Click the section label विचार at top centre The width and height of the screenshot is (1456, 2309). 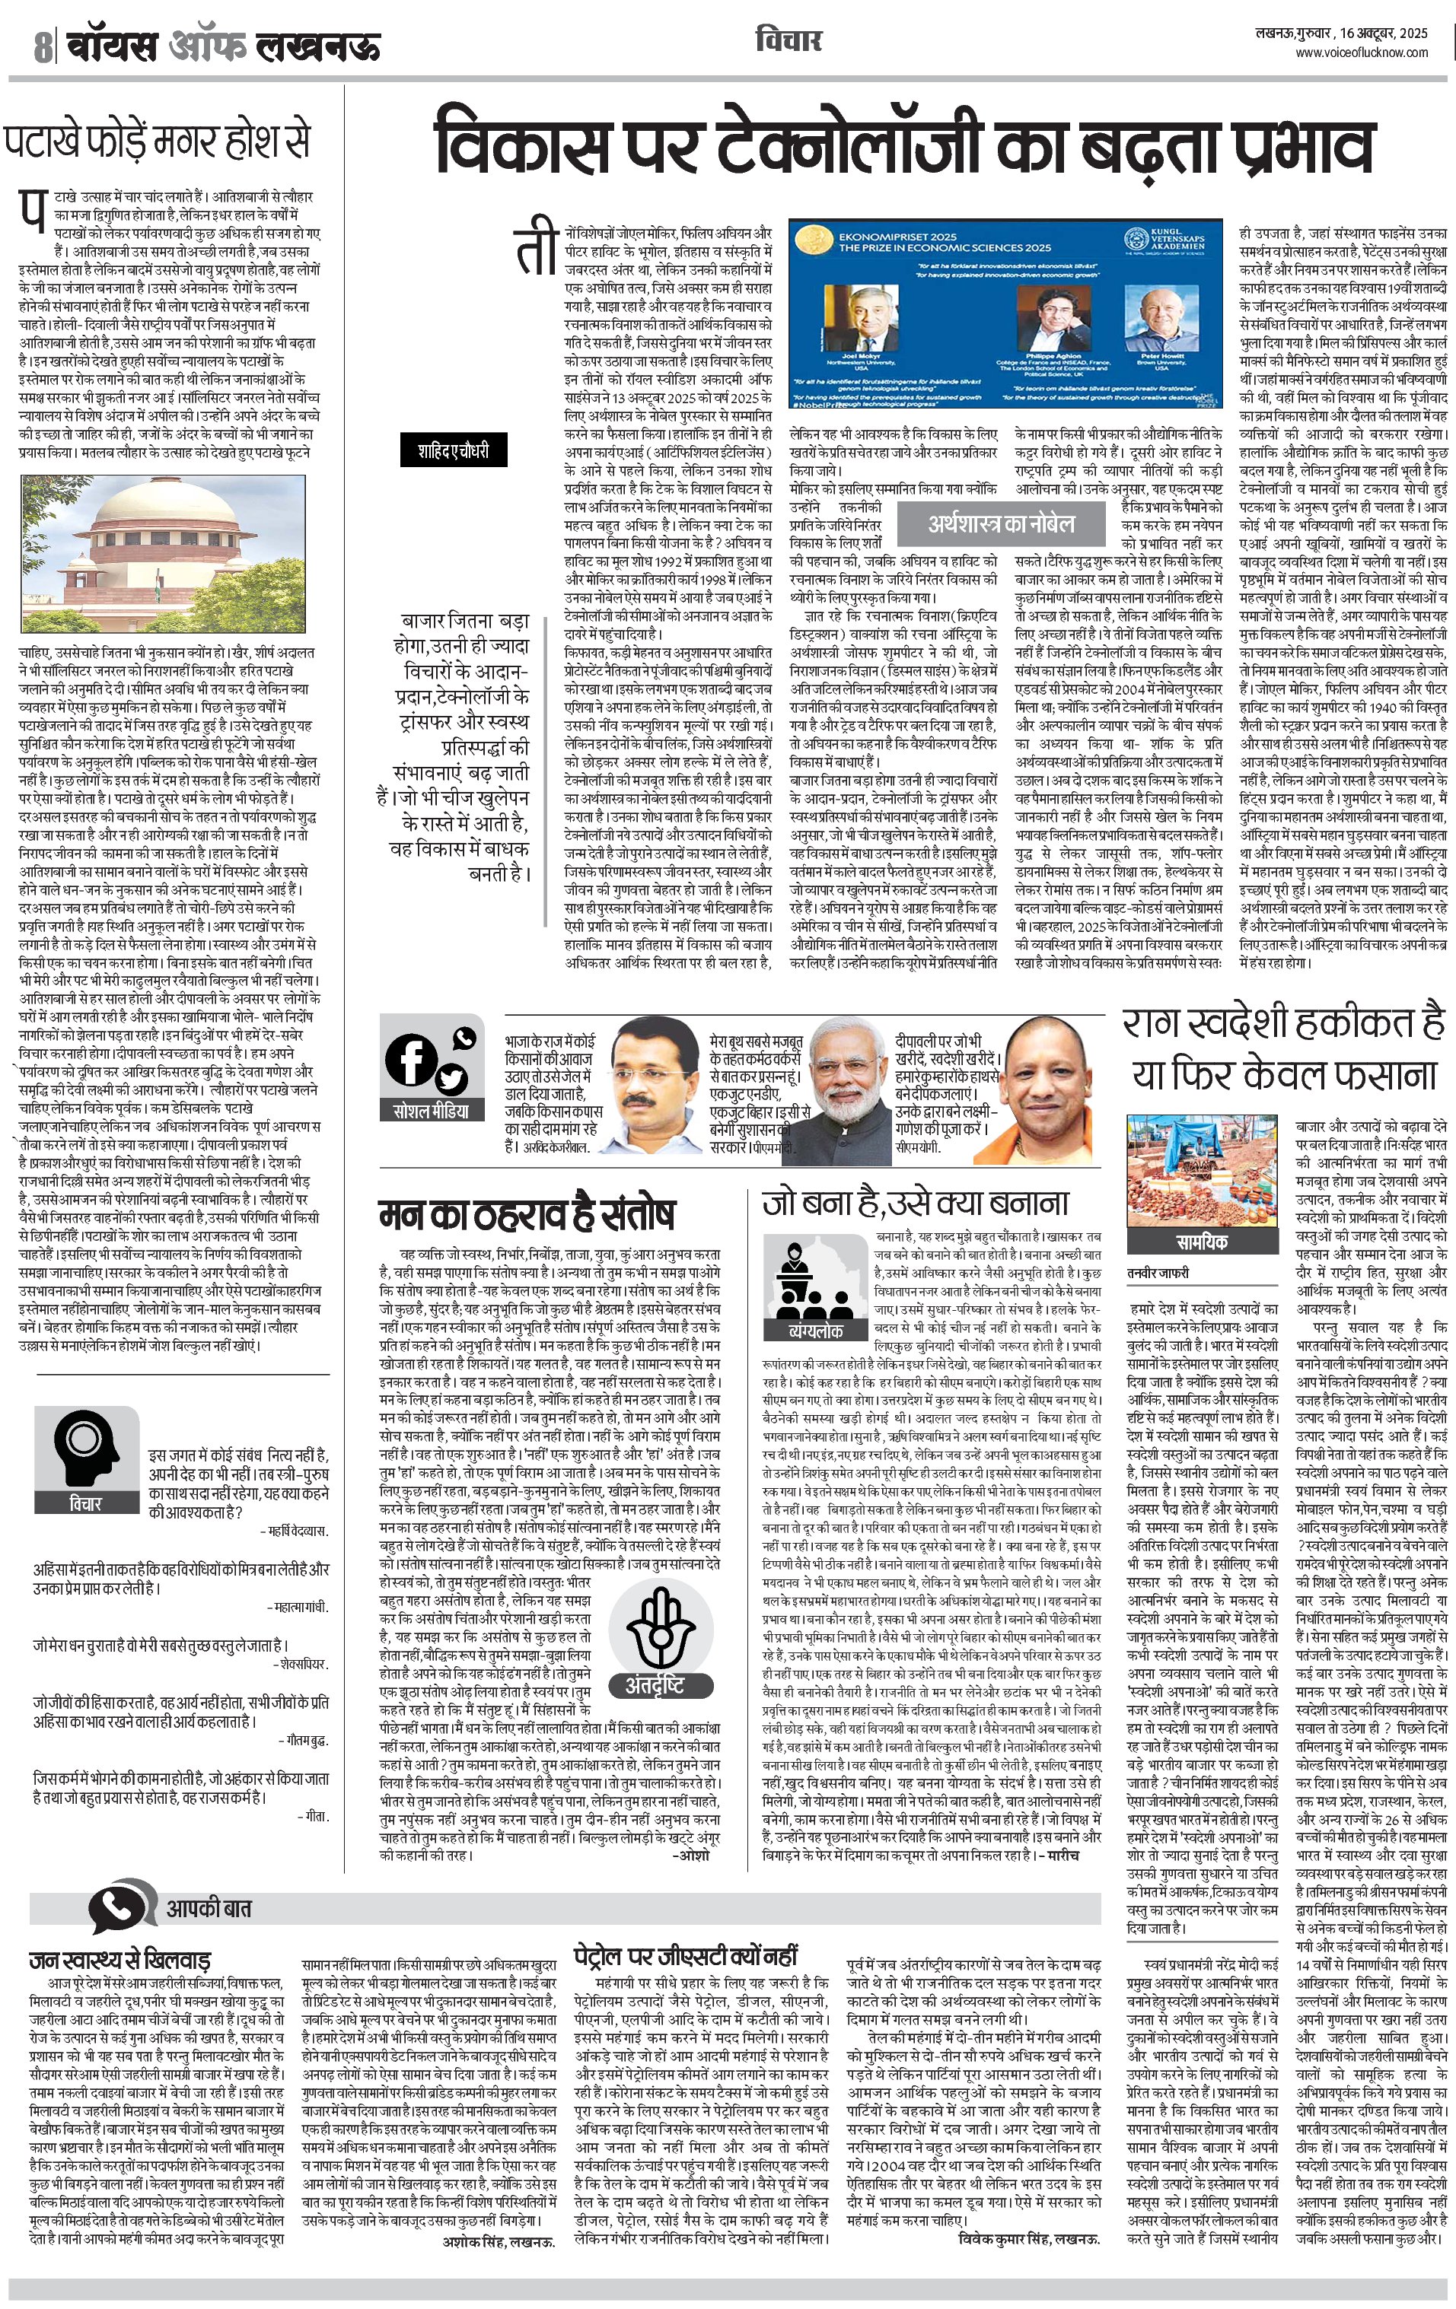tap(789, 41)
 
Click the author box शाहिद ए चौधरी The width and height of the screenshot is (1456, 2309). tap(453, 449)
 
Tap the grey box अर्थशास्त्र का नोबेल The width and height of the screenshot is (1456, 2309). tap(1000, 523)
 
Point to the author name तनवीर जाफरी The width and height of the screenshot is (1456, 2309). tap(1158, 1274)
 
